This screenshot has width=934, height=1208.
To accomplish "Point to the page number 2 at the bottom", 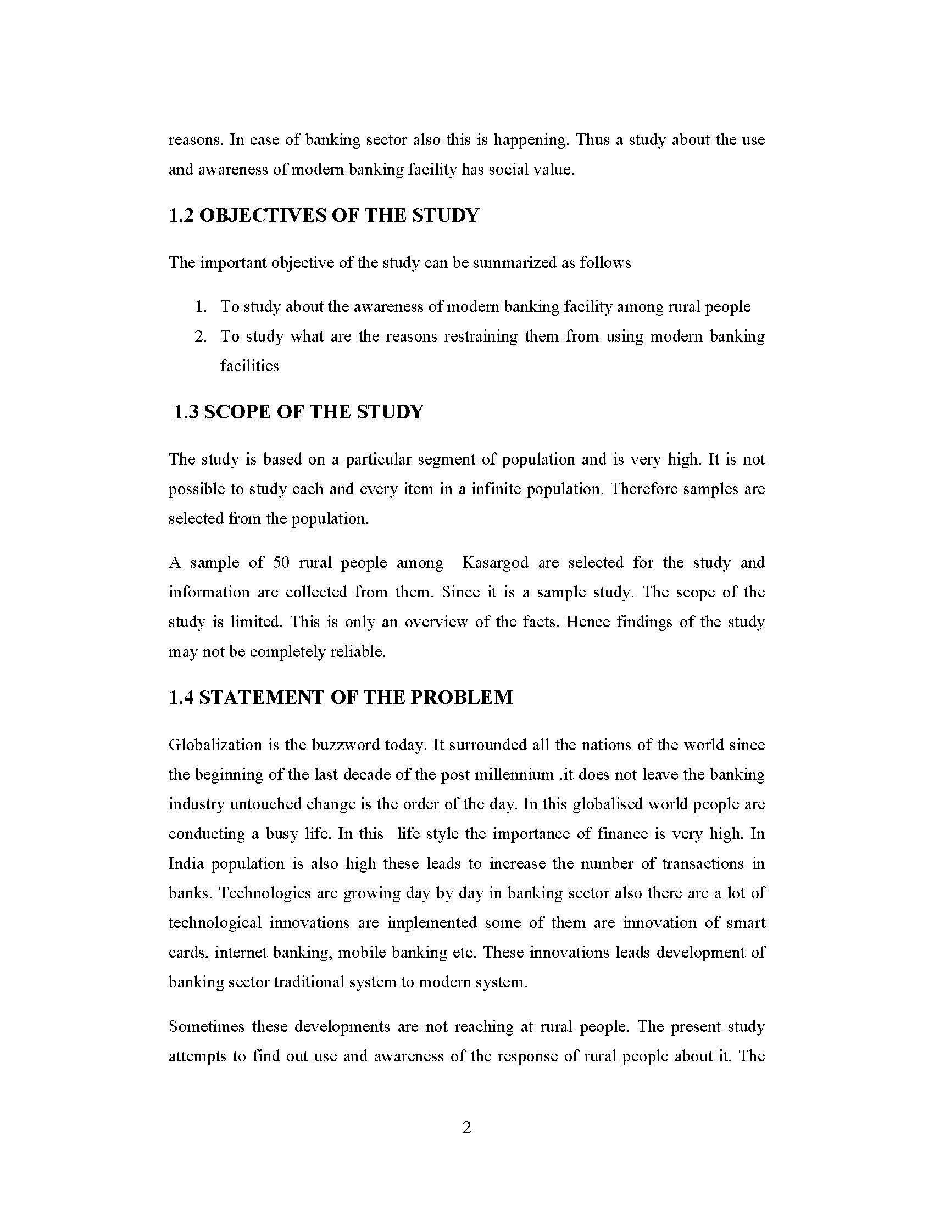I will [x=466, y=1127].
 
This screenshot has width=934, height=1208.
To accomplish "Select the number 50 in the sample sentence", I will [x=282, y=563].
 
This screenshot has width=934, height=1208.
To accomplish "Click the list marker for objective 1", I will [x=201, y=307].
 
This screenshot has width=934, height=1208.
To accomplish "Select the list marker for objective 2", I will [x=201, y=337].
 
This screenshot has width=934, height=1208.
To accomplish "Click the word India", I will [x=186, y=864].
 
